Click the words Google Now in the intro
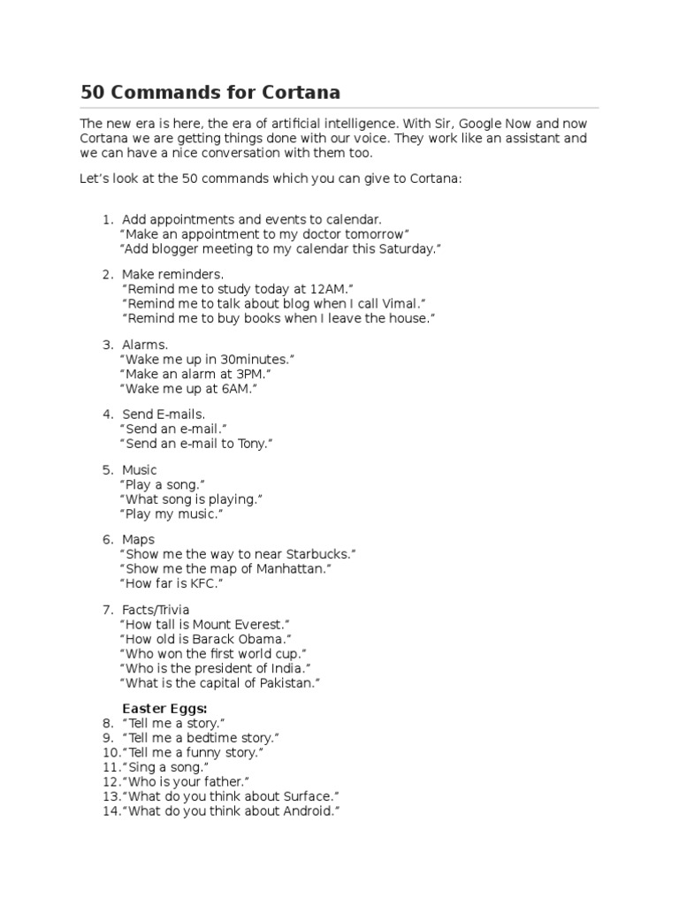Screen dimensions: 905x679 [498, 124]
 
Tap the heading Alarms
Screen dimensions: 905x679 [145, 345]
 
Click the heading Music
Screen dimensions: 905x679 [140, 470]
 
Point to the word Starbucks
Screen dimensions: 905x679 [317, 554]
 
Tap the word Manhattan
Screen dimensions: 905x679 [291, 569]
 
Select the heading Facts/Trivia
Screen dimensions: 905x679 [156, 610]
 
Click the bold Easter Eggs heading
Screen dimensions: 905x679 [164, 709]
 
